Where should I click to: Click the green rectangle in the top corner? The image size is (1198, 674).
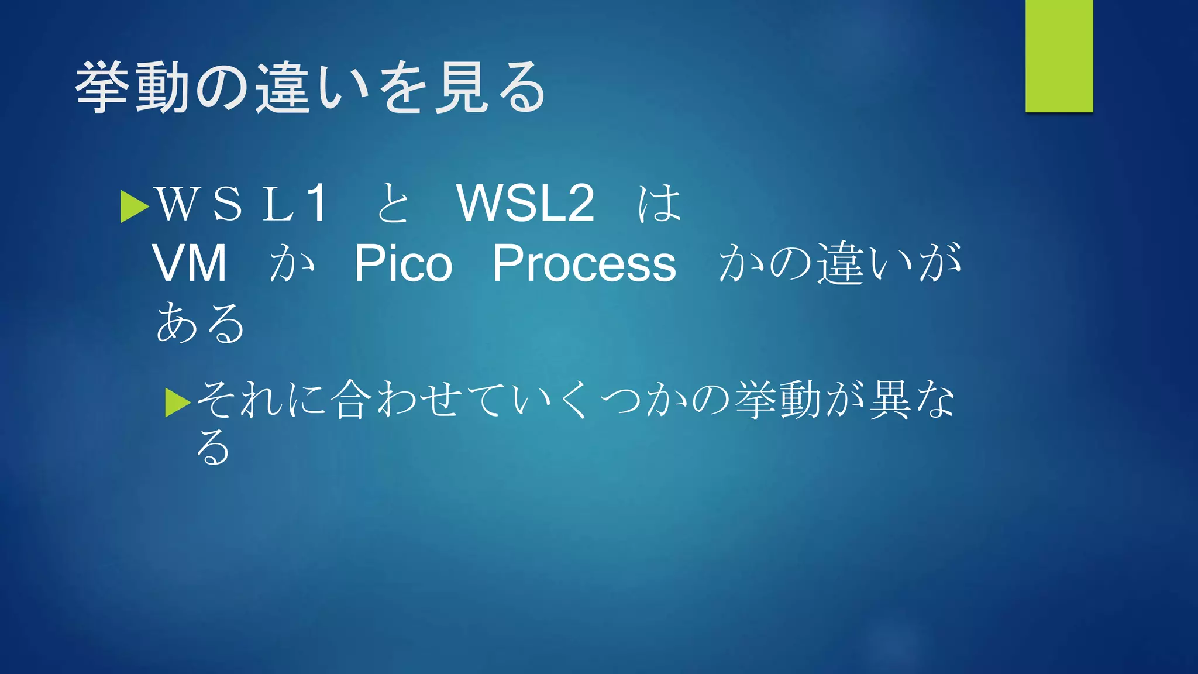tap(1059, 56)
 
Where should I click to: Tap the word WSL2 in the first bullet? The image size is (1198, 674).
tap(525, 203)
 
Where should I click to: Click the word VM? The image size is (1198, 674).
tap(190, 263)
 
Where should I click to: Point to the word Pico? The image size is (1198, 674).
tap(403, 263)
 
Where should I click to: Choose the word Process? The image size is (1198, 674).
tap(584, 263)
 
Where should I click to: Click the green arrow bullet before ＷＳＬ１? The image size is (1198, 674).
tap(134, 207)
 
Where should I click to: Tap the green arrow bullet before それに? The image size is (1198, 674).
tap(178, 403)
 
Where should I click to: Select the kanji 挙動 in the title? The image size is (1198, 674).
tap(133, 88)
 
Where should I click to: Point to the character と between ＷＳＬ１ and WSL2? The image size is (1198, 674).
tap(393, 203)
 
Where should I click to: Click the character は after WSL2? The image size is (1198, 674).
tap(659, 203)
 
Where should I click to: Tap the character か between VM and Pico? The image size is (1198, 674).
tap(292, 263)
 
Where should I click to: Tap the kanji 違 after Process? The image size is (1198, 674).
tap(841, 263)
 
